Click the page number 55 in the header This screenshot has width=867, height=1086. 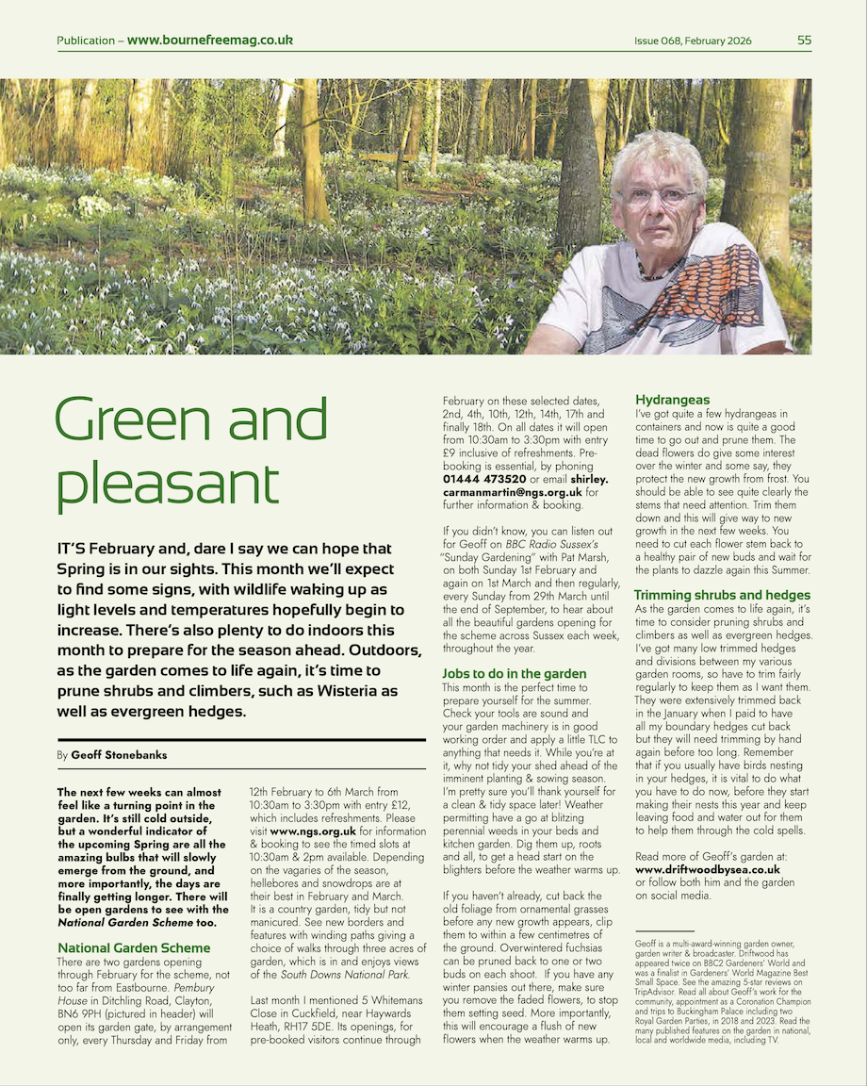(x=804, y=41)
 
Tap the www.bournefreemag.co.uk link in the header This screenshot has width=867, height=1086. (x=210, y=41)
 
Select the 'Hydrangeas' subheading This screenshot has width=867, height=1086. (x=672, y=400)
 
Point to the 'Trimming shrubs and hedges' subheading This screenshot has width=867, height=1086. (x=722, y=595)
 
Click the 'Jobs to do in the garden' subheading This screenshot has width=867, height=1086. (x=515, y=673)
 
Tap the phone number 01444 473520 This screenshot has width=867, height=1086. (x=484, y=479)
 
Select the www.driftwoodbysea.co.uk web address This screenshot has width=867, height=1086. (x=708, y=868)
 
